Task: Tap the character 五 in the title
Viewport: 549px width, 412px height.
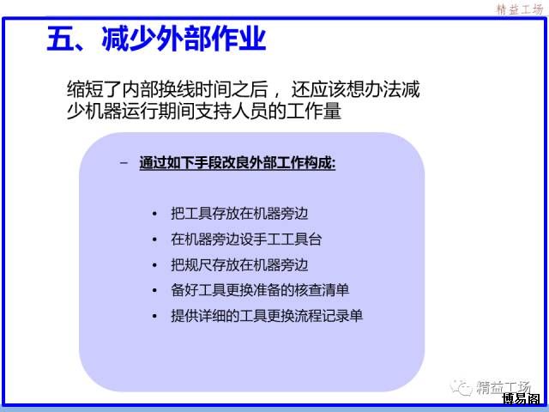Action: tap(60, 39)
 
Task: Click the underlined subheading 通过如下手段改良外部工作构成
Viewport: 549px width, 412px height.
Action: tap(238, 163)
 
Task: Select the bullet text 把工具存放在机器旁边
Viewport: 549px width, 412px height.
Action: tap(239, 214)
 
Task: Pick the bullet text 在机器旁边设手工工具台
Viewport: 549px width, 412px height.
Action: tap(246, 239)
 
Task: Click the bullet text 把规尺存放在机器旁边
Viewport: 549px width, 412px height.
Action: tap(239, 264)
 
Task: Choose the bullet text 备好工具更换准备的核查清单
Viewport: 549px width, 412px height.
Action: tap(260, 290)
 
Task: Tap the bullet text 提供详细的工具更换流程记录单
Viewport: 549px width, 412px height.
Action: tap(267, 316)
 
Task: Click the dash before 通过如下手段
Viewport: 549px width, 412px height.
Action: tap(124, 163)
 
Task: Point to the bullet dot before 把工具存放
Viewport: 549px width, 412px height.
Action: tap(154, 214)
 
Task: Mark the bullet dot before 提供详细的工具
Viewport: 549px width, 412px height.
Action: tap(154, 316)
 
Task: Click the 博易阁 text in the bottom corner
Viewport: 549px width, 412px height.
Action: tap(521, 399)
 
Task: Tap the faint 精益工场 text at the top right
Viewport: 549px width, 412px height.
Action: tap(520, 9)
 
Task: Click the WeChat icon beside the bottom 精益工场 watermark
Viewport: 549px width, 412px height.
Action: tap(461, 387)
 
